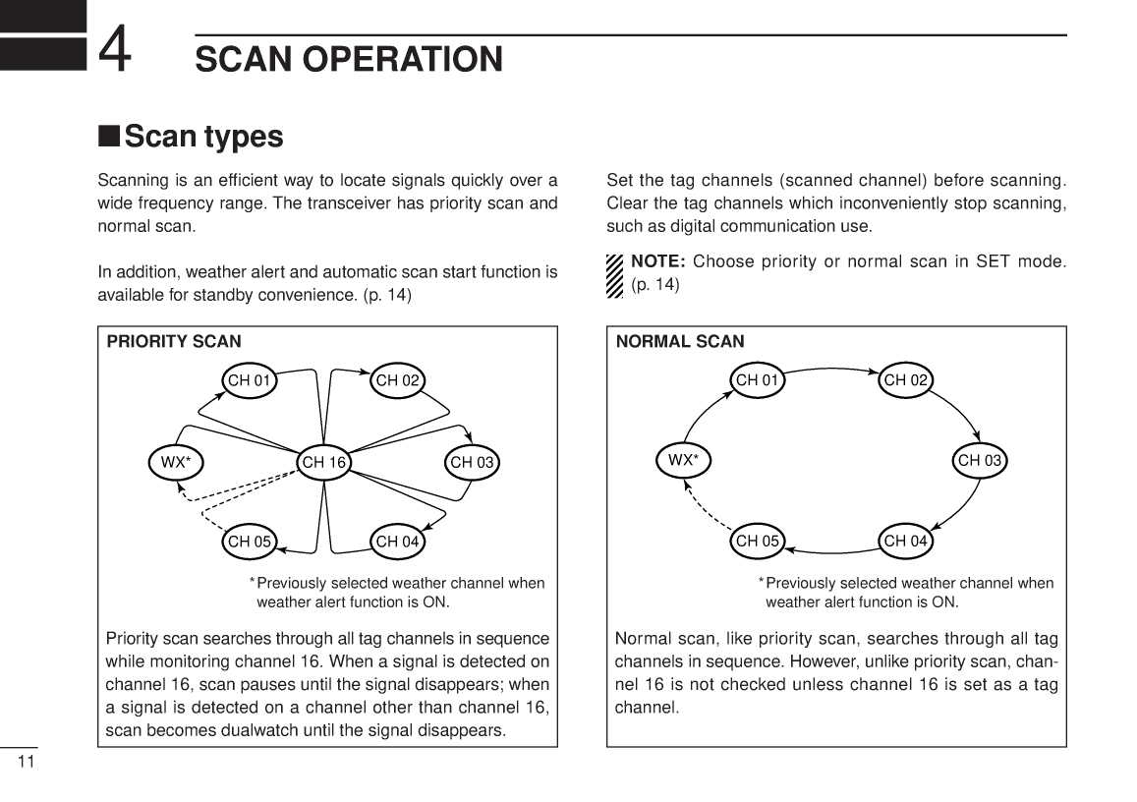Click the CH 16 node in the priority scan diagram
(324, 462)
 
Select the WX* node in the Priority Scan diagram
(176, 462)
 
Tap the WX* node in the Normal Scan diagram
(683, 460)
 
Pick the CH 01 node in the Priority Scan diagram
(250, 380)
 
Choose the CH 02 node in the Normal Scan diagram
(905, 380)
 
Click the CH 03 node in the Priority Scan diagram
(473, 462)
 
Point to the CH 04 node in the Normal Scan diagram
(905, 541)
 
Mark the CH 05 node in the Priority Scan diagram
(250, 541)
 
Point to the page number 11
(26, 763)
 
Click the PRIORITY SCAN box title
(174, 342)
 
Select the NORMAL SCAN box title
(680, 342)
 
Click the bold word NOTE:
(658, 262)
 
